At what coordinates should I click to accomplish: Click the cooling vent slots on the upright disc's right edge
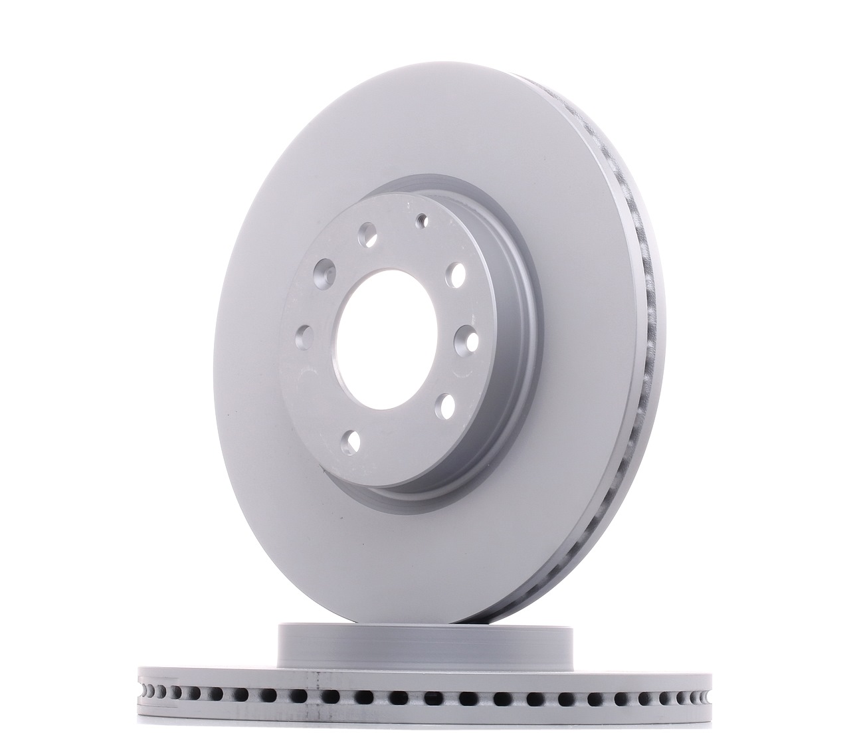[648, 332]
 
